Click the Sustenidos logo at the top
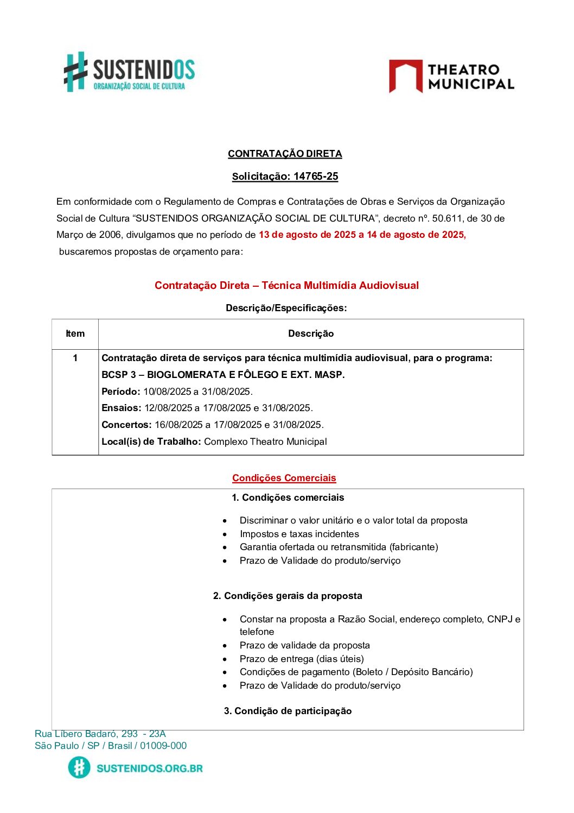pos(129,72)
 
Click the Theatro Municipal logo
pos(451,77)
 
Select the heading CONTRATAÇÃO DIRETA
pos(285,154)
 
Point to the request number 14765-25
pos(316,177)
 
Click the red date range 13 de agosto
pos(362,235)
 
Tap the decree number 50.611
pos(447,218)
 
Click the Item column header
pos(75,333)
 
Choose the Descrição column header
pos(311,333)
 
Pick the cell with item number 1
pos(75,358)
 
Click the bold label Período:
pos(121,392)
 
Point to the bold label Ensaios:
pos(122,408)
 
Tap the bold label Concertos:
pos(126,425)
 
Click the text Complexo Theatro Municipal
pos(265,442)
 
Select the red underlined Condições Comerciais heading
pos(284,478)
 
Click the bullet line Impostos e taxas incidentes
pos(299,534)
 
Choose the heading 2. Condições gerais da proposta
pos(288,596)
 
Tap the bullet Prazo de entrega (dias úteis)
pos(302,659)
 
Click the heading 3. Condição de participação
pos(288,711)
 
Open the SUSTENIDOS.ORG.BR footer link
pos(149,768)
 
